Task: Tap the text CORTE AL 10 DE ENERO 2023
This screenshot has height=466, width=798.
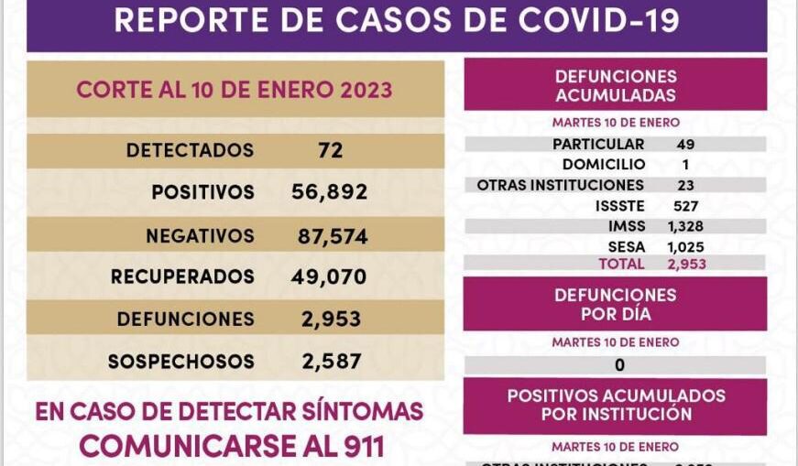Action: (x=235, y=90)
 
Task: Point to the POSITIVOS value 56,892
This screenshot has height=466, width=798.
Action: (x=323, y=192)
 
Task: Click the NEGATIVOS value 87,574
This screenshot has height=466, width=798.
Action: (x=333, y=236)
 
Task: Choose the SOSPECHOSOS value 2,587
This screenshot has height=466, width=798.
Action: (x=331, y=362)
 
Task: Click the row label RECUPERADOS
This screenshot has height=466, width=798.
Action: (x=182, y=276)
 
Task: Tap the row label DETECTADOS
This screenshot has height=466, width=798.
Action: (x=190, y=150)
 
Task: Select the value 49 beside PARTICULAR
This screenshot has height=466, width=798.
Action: (x=685, y=145)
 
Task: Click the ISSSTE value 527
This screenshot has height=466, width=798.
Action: (x=684, y=206)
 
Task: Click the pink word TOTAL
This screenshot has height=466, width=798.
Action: (x=621, y=264)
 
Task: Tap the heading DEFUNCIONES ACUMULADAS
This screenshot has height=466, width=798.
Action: (x=616, y=86)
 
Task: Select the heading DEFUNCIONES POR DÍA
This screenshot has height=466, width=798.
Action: (x=616, y=305)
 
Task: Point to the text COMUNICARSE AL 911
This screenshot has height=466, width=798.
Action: (x=231, y=445)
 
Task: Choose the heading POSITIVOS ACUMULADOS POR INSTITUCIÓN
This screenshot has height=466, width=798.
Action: (x=616, y=405)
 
